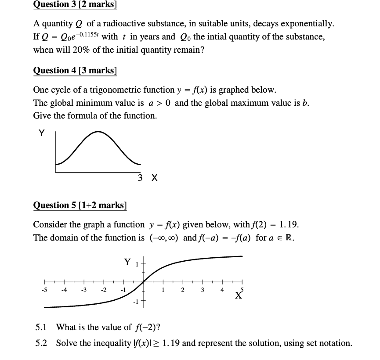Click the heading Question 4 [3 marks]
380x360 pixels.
(75, 70)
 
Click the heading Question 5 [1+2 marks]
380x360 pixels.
(80, 205)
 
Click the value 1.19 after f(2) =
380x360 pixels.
(290, 225)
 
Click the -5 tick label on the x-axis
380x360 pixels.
(44, 290)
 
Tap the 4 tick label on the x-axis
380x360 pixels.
(222, 290)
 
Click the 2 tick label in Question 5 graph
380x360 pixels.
(183, 290)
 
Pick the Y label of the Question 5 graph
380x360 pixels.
(128, 263)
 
